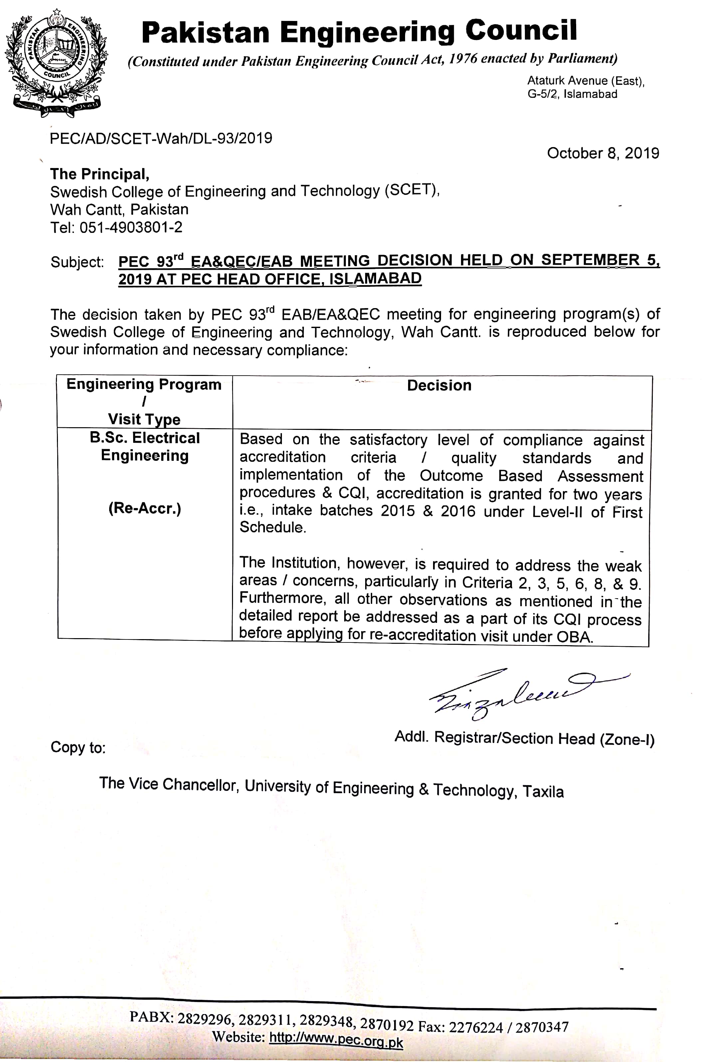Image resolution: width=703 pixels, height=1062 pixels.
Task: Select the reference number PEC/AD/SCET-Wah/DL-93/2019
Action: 161,138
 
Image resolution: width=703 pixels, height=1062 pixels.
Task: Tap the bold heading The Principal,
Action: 100,174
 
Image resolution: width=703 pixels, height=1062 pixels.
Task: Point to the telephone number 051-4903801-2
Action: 131,227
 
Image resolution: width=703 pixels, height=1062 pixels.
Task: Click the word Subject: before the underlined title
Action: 77,262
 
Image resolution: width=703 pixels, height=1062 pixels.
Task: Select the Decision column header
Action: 439,385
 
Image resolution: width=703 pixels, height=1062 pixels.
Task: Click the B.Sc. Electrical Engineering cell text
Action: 145,446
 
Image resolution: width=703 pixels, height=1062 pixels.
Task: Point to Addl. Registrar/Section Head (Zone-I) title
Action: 524,738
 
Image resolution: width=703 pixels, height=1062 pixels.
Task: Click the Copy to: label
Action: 78,748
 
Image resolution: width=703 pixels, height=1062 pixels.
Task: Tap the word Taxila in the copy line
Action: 543,792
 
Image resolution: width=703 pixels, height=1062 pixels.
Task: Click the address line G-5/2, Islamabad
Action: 572,94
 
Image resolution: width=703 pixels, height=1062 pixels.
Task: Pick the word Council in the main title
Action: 521,31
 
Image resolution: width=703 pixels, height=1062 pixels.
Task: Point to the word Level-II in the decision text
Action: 557,512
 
